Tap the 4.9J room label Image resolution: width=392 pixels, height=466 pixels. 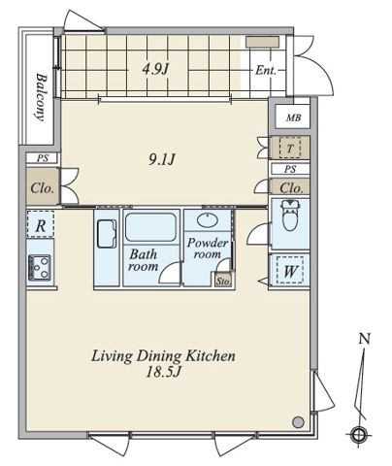click(156, 69)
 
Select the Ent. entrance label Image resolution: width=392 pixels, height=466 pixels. click(266, 70)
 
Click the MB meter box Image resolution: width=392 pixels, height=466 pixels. click(293, 117)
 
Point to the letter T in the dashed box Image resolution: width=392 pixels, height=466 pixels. click(290, 149)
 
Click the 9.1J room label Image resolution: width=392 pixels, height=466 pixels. click(162, 159)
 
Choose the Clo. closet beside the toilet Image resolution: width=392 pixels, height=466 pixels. click(291, 187)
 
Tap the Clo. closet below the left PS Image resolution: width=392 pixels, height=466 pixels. click(43, 187)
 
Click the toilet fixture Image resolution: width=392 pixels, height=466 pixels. click(290, 215)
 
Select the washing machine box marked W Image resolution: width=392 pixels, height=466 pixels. click(290, 271)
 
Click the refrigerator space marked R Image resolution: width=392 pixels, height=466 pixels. click(40, 225)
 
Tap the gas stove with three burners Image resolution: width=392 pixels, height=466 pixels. click(40, 267)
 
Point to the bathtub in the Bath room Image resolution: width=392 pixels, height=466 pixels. click(150, 227)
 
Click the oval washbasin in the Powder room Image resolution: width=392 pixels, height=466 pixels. click(208, 220)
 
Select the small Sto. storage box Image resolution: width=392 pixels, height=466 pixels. click(223, 281)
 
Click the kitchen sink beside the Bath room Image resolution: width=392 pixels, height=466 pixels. click(107, 234)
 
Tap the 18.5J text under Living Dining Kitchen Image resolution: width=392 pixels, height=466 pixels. click(163, 372)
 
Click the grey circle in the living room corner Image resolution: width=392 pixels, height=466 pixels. click(298, 422)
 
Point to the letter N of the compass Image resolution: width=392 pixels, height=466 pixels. click(365, 339)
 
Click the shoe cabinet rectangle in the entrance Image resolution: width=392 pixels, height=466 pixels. click(262, 42)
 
